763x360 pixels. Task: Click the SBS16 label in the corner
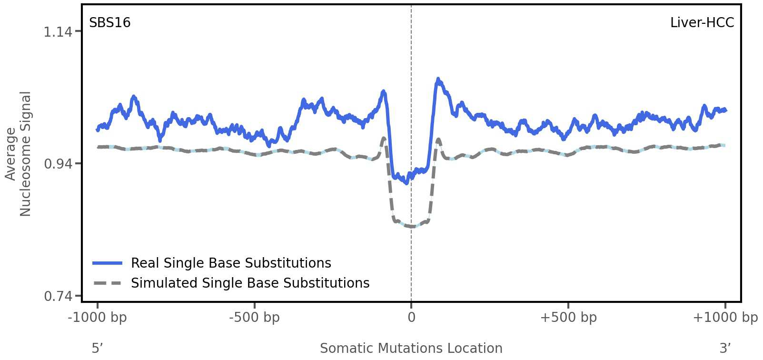point(109,23)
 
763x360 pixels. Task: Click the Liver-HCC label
point(702,23)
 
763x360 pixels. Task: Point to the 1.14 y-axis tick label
point(58,32)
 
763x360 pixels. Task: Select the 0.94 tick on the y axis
point(58,164)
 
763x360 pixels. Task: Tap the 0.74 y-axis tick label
point(58,297)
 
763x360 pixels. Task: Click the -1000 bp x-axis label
point(98,318)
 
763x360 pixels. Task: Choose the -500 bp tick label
point(254,318)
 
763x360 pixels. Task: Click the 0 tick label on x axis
point(411,318)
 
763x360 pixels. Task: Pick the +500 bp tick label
point(568,318)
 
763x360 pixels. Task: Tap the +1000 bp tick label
point(725,318)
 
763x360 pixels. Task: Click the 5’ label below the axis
point(97,349)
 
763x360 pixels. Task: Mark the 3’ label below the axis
point(725,349)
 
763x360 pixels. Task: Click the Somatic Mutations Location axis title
point(411,349)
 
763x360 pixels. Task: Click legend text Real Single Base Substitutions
point(231,263)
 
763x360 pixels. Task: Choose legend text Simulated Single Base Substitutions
point(250,283)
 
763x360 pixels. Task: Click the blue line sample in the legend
point(108,263)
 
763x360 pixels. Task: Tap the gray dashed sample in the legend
point(108,283)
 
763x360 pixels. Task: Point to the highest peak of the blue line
point(438,80)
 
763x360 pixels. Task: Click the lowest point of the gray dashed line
point(411,227)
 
